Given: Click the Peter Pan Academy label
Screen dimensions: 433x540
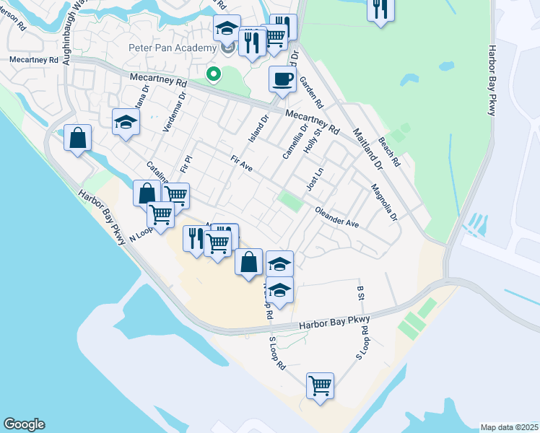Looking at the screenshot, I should click(x=173, y=48).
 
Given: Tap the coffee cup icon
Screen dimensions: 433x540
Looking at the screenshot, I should click(x=282, y=79).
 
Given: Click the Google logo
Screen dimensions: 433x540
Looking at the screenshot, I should click(x=24, y=424).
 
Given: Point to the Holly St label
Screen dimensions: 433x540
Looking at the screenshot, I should click(x=311, y=138).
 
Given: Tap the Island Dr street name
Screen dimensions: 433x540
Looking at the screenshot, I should click(x=258, y=127).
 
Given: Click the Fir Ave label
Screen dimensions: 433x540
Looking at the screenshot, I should click(x=241, y=164).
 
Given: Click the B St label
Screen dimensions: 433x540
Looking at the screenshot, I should click(x=360, y=292).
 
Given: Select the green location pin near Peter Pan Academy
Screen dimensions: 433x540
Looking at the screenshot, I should click(x=213, y=73).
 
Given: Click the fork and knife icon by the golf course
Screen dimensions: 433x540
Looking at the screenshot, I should click(x=379, y=9).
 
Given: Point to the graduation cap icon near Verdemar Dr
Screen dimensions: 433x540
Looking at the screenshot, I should click(x=126, y=121).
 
